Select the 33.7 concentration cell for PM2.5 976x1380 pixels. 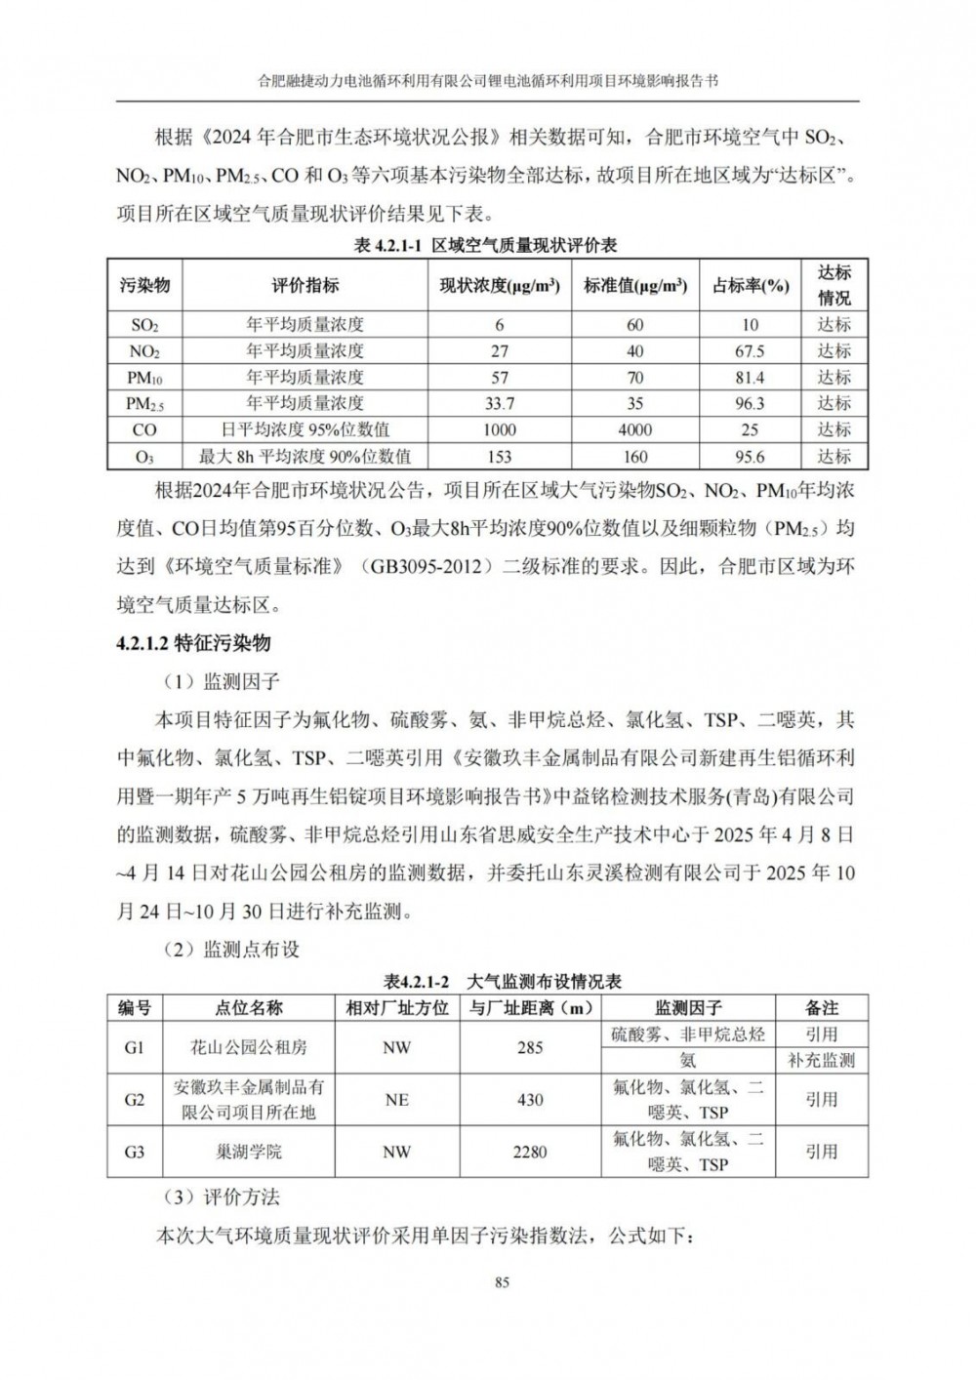499,403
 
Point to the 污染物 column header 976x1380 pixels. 144,286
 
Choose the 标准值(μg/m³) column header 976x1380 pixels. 635,286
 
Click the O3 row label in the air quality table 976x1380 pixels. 144,456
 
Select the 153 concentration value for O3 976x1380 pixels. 499,456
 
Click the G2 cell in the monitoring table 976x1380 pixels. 135,1100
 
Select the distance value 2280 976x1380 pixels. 530,1152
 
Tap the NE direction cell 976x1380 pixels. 397,1100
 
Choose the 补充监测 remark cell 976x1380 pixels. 821,1061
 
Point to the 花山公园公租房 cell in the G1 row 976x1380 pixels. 249,1047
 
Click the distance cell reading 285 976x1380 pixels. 530,1047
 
